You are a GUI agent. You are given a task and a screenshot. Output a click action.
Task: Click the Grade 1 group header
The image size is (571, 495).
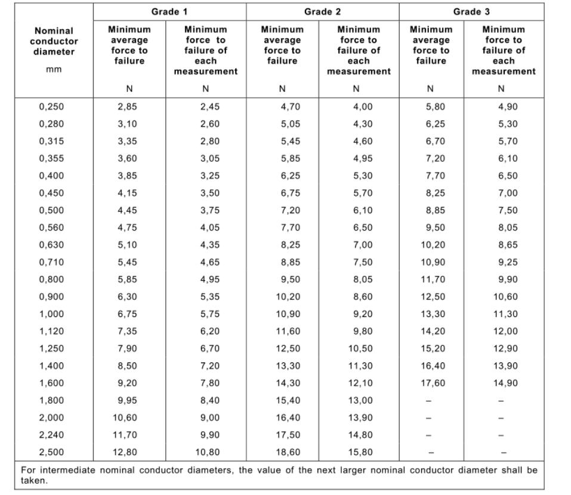pyautogui.click(x=169, y=12)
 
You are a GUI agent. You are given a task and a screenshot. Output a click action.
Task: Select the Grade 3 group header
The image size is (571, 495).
pyautogui.click(x=471, y=12)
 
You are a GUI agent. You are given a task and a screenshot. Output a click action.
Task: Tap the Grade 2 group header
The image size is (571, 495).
pyautogui.click(x=322, y=12)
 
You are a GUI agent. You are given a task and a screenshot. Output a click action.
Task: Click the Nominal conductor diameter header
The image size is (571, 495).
pyautogui.click(x=54, y=41)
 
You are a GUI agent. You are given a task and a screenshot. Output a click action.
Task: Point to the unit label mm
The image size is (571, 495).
pyautogui.click(x=54, y=69)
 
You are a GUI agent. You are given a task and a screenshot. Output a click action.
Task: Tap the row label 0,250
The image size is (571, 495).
pyautogui.click(x=51, y=107)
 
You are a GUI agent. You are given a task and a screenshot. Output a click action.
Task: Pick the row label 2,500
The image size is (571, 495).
pyautogui.click(x=51, y=452)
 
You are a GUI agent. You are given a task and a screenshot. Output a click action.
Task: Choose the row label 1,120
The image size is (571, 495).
pyautogui.click(x=51, y=331)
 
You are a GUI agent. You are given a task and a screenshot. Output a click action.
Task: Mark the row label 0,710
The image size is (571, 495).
pyautogui.click(x=51, y=262)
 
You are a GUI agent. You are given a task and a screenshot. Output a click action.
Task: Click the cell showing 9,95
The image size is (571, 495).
pyautogui.click(x=127, y=400)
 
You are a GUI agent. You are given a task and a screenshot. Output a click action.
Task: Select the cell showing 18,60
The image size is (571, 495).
pyautogui.click(x=288, y=452)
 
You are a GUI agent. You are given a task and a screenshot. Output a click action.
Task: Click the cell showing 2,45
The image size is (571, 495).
pyautogui.click(x=210, y=107)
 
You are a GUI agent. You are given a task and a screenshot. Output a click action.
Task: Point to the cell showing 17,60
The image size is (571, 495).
pyautogui.click(x=433, y=383)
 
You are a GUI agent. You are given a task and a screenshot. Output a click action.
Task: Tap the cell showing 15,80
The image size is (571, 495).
pyautogui.click(x=360, y=452)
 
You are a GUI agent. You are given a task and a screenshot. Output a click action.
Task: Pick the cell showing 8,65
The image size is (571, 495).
pyautogui.click(x=508, y=245)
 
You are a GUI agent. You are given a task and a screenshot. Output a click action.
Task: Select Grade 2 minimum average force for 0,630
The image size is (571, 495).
pyautogui.click(x=290, y=245)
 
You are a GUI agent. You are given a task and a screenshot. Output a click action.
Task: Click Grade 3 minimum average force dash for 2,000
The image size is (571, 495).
pyautogui.click(x=428, y=418)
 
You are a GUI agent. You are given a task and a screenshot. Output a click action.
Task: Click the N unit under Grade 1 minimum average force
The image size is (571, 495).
pyautogui.click(x=129, y=88)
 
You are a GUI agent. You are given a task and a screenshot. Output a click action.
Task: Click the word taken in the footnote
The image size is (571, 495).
pyautogui.click(x=34, y=481)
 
